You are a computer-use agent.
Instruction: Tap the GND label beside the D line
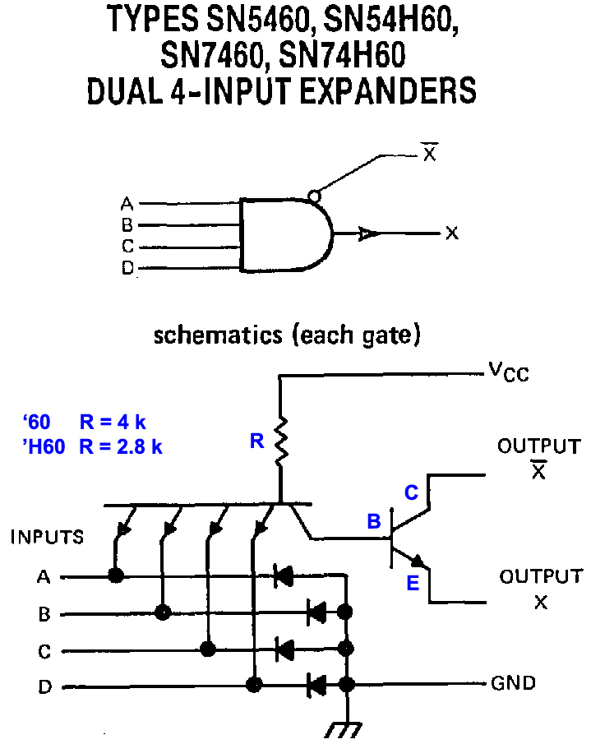tap(513, 683)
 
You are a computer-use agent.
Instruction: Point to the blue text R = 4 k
tap(113, 423)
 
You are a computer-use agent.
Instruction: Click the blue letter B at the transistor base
tap(374, 521)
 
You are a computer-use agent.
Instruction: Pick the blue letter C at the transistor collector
tap(411, 492)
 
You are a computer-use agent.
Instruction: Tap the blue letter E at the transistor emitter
tap(413, 584)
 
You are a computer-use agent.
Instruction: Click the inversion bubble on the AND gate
tap(313, 196)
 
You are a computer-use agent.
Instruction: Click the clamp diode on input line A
tap(284, 576)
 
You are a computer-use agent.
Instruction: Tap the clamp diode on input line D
tap(316, 683)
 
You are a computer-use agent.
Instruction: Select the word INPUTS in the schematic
tap(47, 538)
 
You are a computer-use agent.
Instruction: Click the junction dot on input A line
tap(116, 576)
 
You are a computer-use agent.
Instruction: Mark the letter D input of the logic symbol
tap(126, 268)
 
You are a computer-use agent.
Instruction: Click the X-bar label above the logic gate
tap(429, 153)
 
